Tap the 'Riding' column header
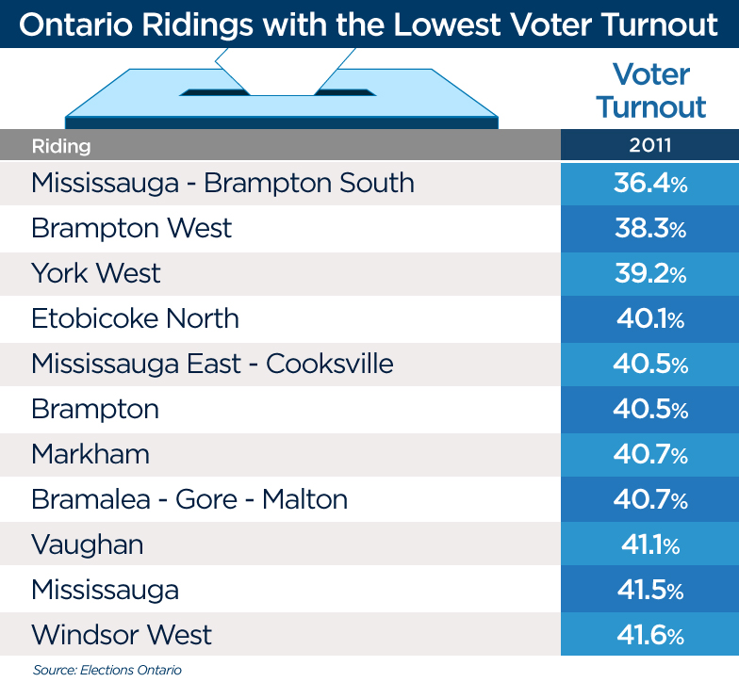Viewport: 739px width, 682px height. pyautogui.click(x=61, y=146)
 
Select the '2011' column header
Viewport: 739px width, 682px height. pyautogui.click(x=649, y=146)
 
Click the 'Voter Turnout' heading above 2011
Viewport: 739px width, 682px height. pyautogui.click(x=650, y=90)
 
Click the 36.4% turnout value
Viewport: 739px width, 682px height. pyautogui.click(x=649, y=183)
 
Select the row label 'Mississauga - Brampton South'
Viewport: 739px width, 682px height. pyautogui.click(x=222, y=183)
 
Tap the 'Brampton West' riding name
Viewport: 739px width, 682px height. pyautogui.click(x=131, y=228)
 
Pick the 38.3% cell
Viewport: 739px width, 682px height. pyautogui.click(x=649, y=228)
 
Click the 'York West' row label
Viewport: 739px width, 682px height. pyautogui.click(x=96, y=273)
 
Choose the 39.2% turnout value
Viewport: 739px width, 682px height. pyautogui.click(x=649, y=273)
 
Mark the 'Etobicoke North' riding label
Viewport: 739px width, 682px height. pyautogui.click(x=135, y=318)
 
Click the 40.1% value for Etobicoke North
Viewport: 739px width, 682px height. pyautogui.click(x=649, y=318)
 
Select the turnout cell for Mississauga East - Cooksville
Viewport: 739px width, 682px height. pyautogui.click(x=649, y=364)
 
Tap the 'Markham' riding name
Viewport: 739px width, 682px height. pyautogui.click(x=90, y=454)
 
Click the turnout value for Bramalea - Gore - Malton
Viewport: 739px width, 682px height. pyautogui.click(x=649, y=499)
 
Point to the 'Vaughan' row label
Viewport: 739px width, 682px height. pyautogui.click(x=89, y=544)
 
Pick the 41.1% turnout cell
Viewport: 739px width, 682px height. pyautogui.click(x=649, y=544)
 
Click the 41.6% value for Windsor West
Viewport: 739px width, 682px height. pyautogui.click(x=649, y=635)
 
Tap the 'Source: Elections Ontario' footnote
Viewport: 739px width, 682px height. pyautogui.click(x=107, y=670)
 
